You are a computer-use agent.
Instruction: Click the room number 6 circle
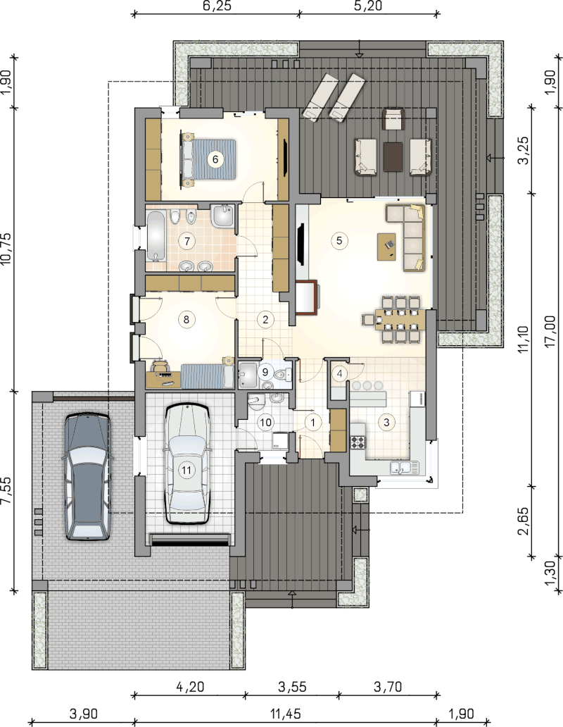(215, 159)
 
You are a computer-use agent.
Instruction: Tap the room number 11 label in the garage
(186, 470)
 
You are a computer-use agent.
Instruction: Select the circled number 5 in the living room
(339, 240)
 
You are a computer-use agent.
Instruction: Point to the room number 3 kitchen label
(386, 422)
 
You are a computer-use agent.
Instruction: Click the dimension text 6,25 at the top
(216, 6)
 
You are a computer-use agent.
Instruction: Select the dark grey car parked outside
(87, 477)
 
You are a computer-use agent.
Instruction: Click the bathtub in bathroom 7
(156, 235)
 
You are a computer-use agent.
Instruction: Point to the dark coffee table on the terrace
(393, 156)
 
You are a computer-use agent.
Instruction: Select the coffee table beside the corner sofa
(386, 247)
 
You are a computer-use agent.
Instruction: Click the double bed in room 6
(209, 159)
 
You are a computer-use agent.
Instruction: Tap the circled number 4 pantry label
(340, 373)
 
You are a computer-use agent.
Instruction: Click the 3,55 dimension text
(292, 686)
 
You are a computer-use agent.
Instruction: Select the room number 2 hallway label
(265, 319)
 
